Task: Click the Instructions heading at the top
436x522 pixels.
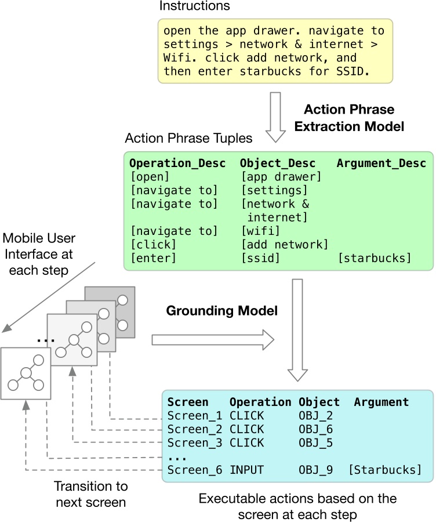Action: tap(194, 6)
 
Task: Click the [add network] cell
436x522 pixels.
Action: tap(285, 244)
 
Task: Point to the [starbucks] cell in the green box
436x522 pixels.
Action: tap(375, 258)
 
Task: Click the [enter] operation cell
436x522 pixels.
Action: tap(153, 258)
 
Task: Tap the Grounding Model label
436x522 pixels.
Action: tap(221, 311)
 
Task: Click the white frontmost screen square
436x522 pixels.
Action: tap(25, 374)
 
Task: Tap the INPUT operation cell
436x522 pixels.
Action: tap(247, 470)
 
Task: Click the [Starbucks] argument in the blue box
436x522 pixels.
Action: tap(385, 470)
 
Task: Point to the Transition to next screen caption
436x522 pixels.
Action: tap(92, 494)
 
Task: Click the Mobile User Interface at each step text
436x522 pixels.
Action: tap(39, 254)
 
